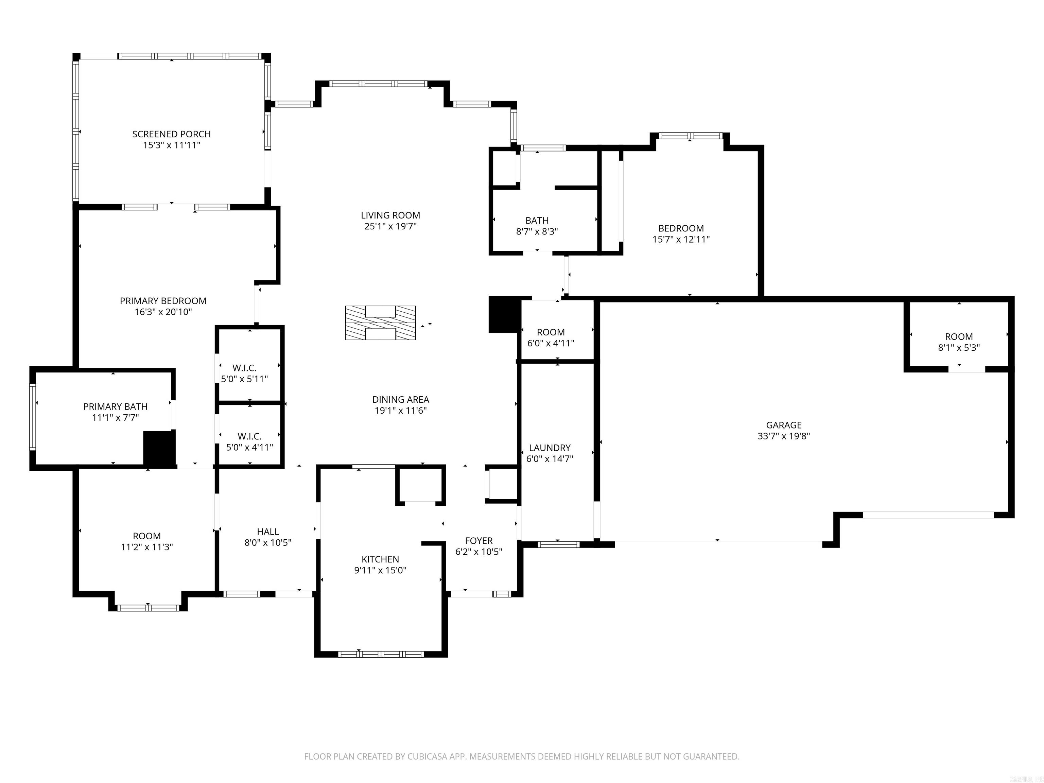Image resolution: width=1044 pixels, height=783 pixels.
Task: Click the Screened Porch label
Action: (171, 134)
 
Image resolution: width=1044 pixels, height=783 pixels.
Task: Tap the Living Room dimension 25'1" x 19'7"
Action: (390, 226)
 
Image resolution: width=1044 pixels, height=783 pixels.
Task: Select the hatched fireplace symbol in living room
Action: (380, 323)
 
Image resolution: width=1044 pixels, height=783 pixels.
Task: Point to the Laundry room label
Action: (550, 448)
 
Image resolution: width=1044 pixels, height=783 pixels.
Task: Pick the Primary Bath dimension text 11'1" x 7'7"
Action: (115, 417)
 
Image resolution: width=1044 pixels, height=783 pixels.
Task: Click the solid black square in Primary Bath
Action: (159, 448)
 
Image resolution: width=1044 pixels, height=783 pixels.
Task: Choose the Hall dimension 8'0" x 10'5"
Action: (267, 542)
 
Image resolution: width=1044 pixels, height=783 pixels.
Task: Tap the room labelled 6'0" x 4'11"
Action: (550, 337)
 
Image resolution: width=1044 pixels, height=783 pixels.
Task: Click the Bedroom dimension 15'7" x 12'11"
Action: (681, 239)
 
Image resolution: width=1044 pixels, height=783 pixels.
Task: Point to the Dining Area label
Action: (400, 399)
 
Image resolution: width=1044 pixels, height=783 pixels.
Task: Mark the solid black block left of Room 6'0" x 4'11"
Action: (504, 314)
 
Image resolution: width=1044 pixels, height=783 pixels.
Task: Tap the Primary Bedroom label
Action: (163, 301)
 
